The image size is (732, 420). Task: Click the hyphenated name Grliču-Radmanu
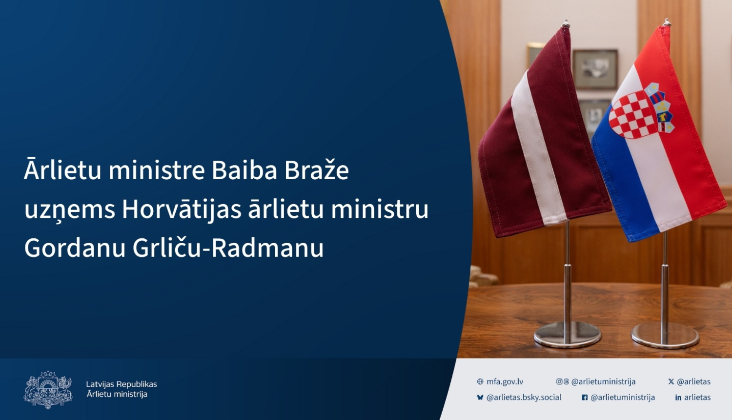[x=228, y=248]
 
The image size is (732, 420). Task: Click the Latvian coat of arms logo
[x=48, y=389]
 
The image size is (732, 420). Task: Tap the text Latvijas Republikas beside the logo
[x=122, y=384]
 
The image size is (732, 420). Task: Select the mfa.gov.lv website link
[x=505, y=381]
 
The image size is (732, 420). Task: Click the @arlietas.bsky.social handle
[x=524, y=398]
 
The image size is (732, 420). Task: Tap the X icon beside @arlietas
[x=671, y=381]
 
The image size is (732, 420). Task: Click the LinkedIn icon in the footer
[x=678, y=398]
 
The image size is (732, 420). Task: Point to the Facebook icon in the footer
[x=585, y=398]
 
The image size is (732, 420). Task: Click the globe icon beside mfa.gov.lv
[x=480, y=381]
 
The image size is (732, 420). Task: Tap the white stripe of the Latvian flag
[x=537, y=147]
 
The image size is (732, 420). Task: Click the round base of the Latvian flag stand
[x=568, y=335]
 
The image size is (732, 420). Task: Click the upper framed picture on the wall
[x=595, y=69]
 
